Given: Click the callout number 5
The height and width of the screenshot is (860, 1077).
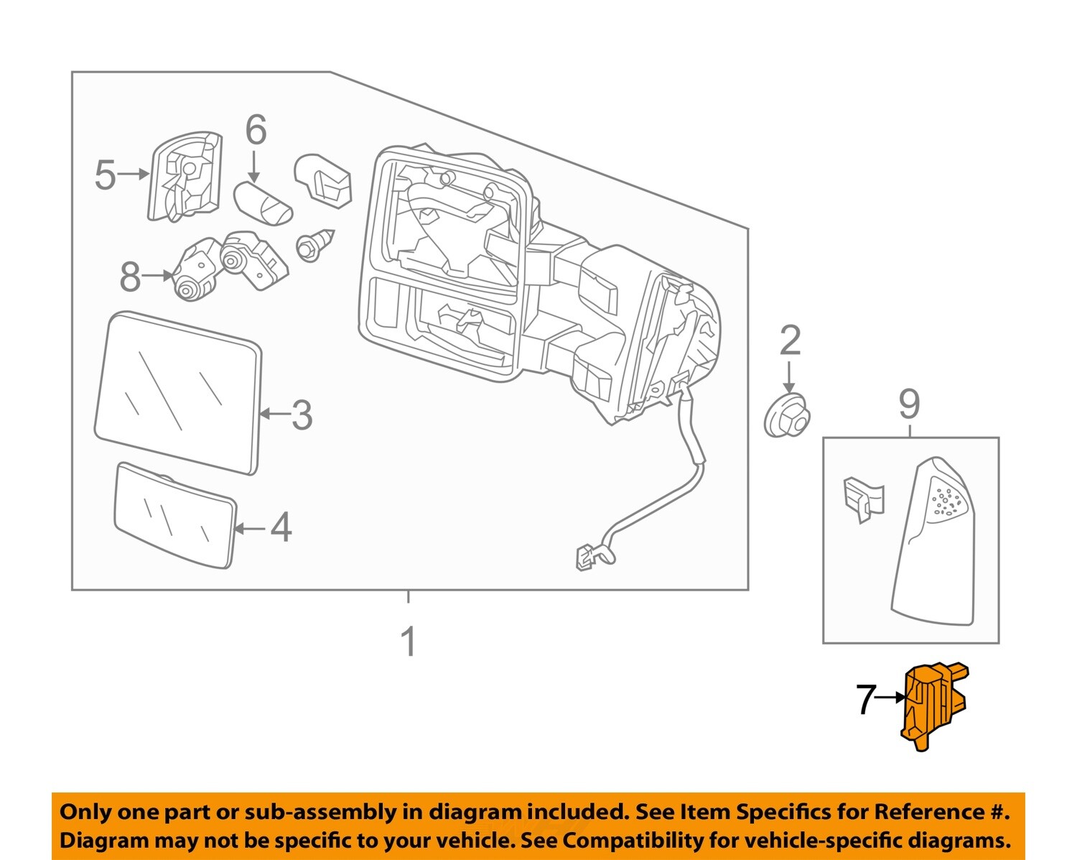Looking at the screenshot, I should [105, 175].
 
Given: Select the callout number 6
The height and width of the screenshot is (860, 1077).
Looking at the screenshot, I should [256, 131].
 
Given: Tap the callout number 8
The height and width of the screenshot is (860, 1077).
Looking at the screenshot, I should [130, 277].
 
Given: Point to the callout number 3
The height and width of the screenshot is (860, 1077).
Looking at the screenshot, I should [302, 415].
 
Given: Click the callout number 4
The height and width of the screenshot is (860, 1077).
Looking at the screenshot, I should [281, 528].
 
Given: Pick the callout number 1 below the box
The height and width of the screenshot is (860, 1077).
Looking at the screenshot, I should [408, 642].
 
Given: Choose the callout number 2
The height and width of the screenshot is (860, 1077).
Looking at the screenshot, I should [790, 341].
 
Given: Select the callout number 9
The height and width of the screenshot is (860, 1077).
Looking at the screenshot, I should [909, 404].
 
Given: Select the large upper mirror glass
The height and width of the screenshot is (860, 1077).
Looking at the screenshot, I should [178, 392].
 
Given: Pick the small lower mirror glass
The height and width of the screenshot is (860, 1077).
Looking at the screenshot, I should [175, 516].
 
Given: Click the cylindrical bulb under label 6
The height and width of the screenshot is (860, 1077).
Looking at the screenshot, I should [264, 203].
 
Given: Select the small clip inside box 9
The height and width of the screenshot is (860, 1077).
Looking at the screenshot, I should [862, 498].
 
